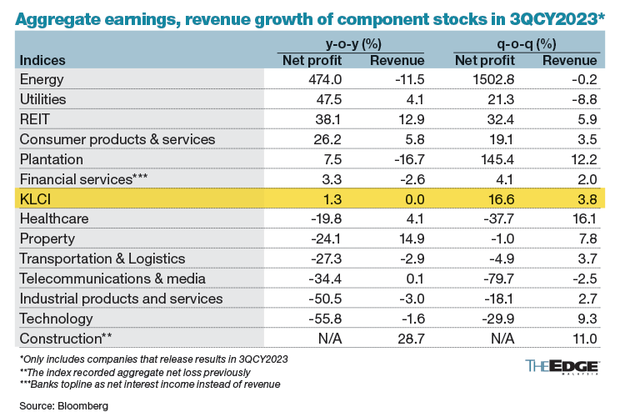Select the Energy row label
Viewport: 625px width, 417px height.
(x=43, y=79)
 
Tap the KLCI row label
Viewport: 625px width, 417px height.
(x=37, y=198)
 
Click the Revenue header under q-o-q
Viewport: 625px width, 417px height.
(x=570, y=60)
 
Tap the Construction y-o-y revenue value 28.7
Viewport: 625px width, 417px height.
(x=408, y=339)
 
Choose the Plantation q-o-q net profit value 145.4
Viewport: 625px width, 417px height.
(x=492, y=158)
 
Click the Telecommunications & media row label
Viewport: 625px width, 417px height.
(x=102, y=279)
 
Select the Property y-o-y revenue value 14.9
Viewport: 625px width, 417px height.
(x=408, y=239)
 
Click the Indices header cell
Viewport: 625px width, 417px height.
(x=42, y=60)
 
